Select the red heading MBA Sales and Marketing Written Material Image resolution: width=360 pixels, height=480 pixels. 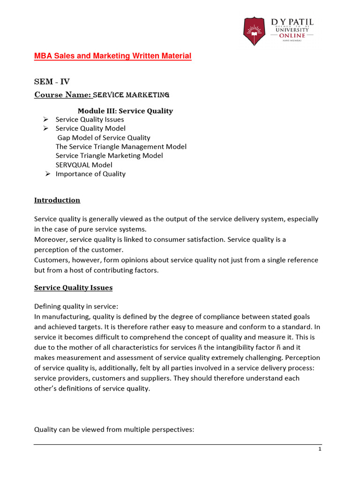pyautogui.click(x=112, y=56)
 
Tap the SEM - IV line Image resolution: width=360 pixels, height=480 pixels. pyautogui.click(x=52, y=82)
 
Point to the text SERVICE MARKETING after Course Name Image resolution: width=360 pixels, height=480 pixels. pyautogui.click(x=131, y=95)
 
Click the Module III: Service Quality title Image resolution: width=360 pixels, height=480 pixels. pyautogui.click(x=125, y=111)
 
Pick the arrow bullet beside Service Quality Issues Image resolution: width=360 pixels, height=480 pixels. pyautogui.click(x=45, y=120)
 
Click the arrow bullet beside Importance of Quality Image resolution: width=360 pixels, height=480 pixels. pyautogui.click(x=47, y=174)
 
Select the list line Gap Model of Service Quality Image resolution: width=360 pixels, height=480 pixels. pyautogui.click(x=104, y=137)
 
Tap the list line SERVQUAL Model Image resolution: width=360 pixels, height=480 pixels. pyautogui.click(x=84, y=165)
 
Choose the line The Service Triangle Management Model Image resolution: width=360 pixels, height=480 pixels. pyautogui.click(x=121, y=147)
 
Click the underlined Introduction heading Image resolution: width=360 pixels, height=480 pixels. pyautogui.click(x=57, y=200)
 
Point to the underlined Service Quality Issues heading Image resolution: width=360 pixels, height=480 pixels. pyautogui.click(x=73, y=287)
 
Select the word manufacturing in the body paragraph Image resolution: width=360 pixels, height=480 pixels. pyautogui.click(x=63, y=317)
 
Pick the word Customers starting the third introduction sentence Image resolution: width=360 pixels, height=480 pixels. pyautogui.click(x=51, y=260)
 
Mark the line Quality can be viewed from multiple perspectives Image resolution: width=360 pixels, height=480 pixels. pyautogui.click(x=113, y=429)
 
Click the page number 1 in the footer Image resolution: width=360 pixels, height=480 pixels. pyautogui.click(x=319, y=449)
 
